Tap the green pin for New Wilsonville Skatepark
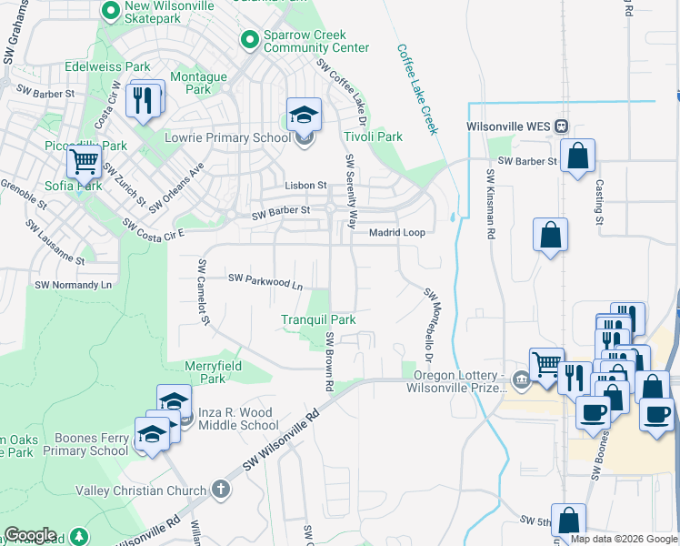(111, 12)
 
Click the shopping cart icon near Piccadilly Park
(84, 162)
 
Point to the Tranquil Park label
(318, 319)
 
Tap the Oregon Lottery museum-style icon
(520, 379)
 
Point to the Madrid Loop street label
(396, 233)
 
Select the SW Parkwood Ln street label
(265, 280)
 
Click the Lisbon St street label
(305, 185)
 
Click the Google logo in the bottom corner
(30, 535)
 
